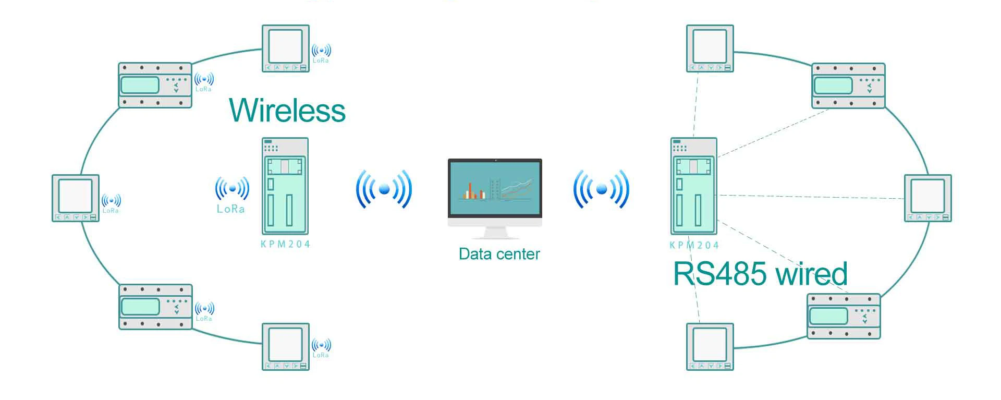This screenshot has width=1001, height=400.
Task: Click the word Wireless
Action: click(287, 111)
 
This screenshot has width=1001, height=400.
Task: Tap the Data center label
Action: click(499, 254)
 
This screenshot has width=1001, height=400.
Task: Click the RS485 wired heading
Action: click(760, 274)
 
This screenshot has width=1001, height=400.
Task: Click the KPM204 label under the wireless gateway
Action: click(285, 244)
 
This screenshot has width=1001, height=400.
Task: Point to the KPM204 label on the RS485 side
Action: click(694, 245)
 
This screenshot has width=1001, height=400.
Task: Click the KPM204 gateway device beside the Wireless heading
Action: click(285, 186)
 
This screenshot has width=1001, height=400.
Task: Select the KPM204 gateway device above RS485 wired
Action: click(693, 186)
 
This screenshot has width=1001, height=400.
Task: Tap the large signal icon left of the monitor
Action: click(384, 189)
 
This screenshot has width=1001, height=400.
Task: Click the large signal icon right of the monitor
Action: click(601, 189)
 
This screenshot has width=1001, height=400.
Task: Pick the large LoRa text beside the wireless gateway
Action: click(231, 209)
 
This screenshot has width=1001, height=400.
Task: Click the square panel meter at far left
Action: click(76, 198)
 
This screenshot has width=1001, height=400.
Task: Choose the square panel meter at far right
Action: click(927, 198)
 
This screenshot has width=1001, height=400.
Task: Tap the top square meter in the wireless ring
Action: click(285, 49)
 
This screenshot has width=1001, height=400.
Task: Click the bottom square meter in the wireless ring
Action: click(285, 347)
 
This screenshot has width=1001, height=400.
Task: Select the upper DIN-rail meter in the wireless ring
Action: click(155, 85)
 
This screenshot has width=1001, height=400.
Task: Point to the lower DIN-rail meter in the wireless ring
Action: click(156, 307)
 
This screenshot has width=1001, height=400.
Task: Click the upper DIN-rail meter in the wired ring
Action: click(848, 86)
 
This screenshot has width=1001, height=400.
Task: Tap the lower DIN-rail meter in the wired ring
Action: click(844, 316)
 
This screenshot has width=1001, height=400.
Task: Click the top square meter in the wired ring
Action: click(710, 49)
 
